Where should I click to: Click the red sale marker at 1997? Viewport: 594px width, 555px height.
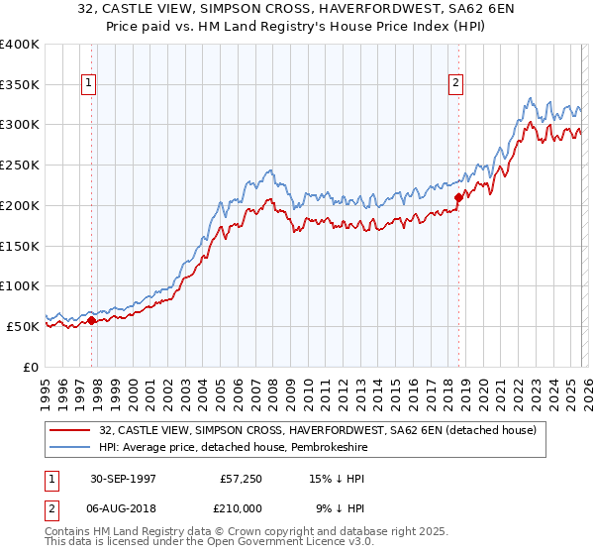pos(92,320)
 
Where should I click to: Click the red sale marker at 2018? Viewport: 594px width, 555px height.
pos(458,197)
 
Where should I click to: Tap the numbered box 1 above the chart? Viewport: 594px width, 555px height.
pos(89,84)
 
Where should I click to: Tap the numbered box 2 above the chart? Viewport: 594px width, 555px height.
pos(456,84)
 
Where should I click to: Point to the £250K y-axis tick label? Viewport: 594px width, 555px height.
pos(20,166)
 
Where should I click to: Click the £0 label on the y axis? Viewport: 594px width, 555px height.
pos(31,367)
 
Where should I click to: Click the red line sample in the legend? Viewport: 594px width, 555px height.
pos(70,430)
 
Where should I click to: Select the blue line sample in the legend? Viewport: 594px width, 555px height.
pos(70,447)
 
